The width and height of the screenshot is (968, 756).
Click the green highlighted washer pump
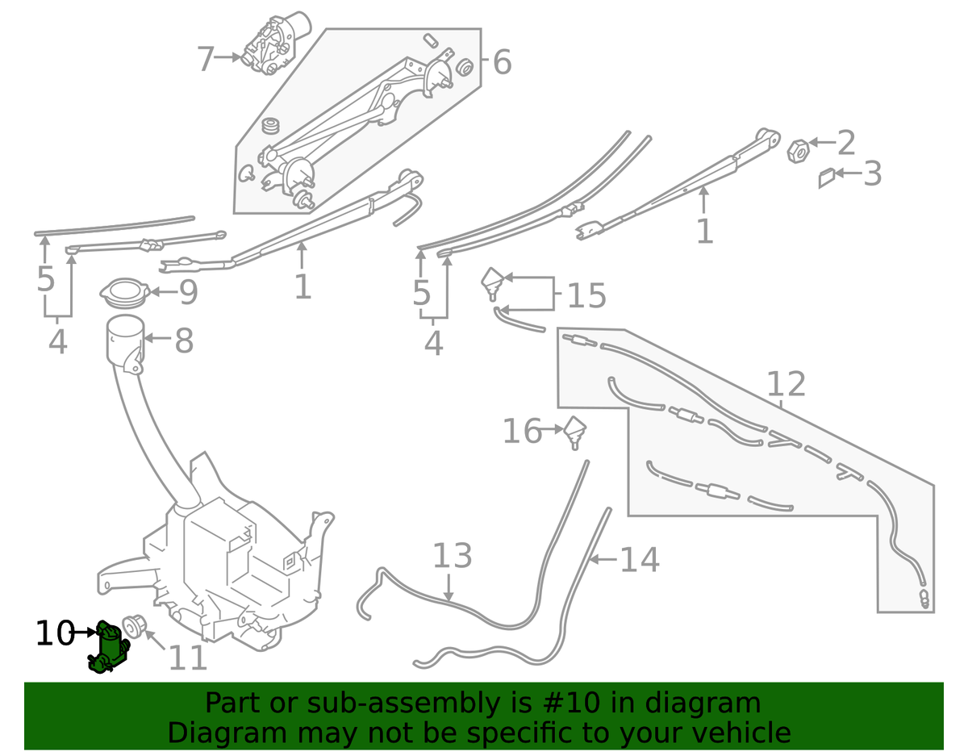tap(109, 648)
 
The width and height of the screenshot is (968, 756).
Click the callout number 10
tap(55, 634)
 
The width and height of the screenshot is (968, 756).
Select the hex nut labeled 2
tap(797, 149)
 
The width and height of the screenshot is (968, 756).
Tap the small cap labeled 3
tap(827, 178)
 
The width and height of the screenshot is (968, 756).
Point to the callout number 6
tap(502, 62)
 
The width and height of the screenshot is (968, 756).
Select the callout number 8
tap(184, 341)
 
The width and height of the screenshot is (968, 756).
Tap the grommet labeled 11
tap(133, 626)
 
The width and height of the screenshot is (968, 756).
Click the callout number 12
tap(786, 384)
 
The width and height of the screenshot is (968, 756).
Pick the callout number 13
tap(452, 558)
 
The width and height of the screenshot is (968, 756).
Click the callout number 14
tap(640, 560)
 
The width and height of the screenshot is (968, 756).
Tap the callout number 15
tap(586, 296)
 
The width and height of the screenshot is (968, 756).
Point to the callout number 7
tap(207, 59)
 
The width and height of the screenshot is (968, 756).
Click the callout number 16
tap(522, 432)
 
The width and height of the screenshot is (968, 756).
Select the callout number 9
tap(188, 293)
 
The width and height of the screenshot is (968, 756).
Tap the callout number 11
tap(187, 658)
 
